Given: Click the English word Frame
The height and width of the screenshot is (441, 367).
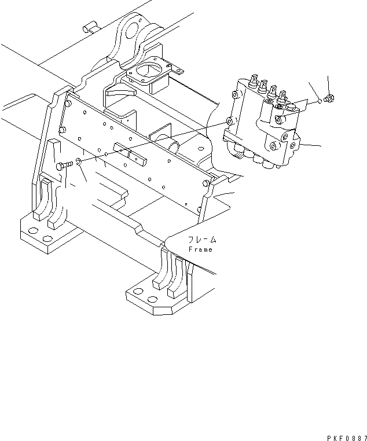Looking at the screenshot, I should click(x=200, y=249).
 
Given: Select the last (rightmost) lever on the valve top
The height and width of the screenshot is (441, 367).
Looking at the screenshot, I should click(x=283, y=96).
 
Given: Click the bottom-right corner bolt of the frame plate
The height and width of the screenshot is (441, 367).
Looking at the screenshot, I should click(x=207, y=183).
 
